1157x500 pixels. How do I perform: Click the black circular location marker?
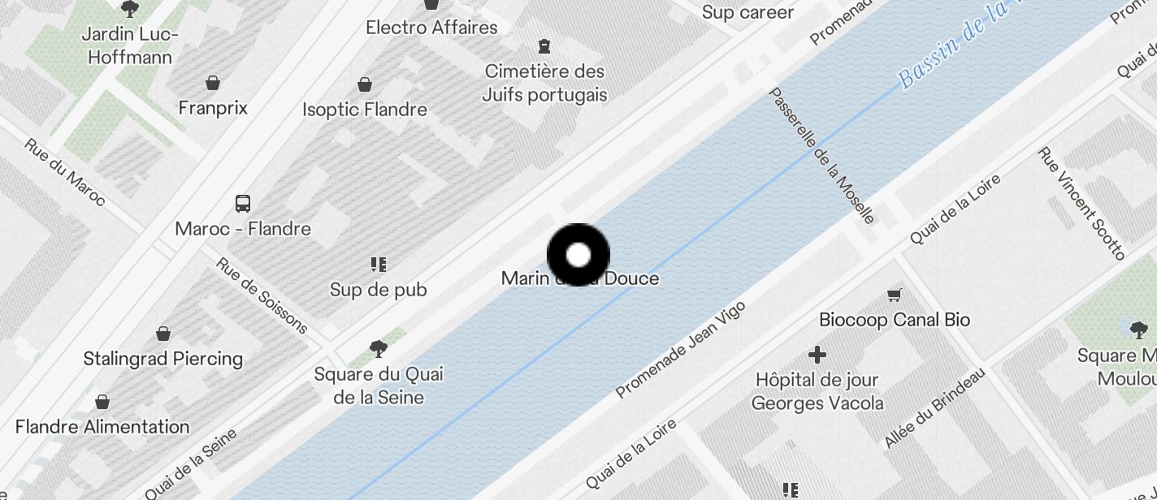point(578,255)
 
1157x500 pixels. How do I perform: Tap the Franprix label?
point(213,108)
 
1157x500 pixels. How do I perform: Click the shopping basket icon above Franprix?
point(213,83)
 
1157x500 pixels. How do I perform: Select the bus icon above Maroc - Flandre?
point(242,203)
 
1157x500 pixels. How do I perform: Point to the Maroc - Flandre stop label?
point(243,229)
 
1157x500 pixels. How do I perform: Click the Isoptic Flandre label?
point(365,110)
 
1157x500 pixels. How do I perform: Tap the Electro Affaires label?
point(431,28)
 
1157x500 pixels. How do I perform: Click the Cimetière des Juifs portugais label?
point(544,83)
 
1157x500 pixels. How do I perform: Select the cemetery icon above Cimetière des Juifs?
point(544,46)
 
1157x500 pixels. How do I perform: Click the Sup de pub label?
point(378,290)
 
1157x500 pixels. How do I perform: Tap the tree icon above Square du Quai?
point(378,349)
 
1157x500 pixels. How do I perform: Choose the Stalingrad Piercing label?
point(163,359)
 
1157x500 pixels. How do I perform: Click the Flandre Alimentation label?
point(102,427)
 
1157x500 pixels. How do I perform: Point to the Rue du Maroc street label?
point(65,172)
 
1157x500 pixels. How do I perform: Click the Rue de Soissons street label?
point(262,295)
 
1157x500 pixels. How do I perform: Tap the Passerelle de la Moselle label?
point(821,155)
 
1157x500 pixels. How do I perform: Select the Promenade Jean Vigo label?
point(680,350)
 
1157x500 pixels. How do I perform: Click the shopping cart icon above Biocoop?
point(895,295)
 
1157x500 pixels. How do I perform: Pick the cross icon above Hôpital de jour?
point(817,355)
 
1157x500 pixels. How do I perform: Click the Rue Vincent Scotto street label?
point(1081,204)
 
